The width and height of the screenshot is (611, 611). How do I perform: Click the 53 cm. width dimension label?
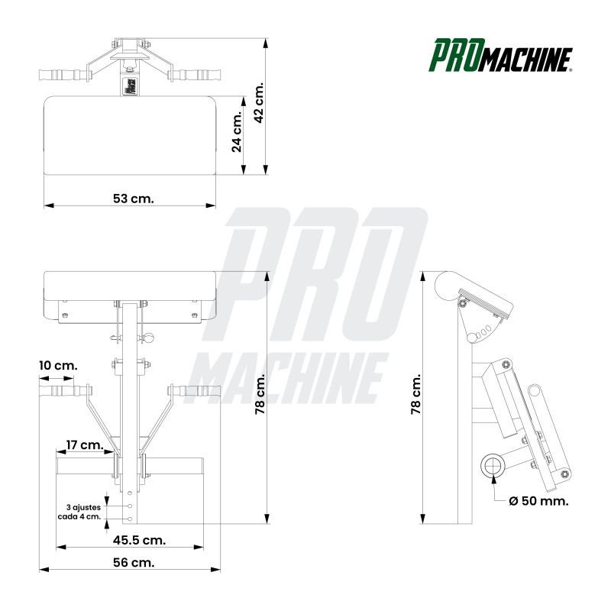coord(133,199)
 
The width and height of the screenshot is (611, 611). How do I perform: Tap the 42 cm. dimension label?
coord(259,102)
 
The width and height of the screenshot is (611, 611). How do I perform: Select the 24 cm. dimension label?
coord(237,131)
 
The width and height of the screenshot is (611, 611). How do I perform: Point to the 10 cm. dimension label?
coord(58,366)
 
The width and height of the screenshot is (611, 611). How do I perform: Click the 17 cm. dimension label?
coord(84,445)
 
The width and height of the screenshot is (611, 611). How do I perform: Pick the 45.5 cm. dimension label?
coord(139,540)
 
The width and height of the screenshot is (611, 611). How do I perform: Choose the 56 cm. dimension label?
coord(134,562)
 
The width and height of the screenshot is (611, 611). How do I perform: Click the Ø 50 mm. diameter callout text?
coord(538,501)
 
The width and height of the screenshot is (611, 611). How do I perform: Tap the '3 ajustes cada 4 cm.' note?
coord(79,512)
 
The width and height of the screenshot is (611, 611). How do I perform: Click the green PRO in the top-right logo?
coord(457,55)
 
